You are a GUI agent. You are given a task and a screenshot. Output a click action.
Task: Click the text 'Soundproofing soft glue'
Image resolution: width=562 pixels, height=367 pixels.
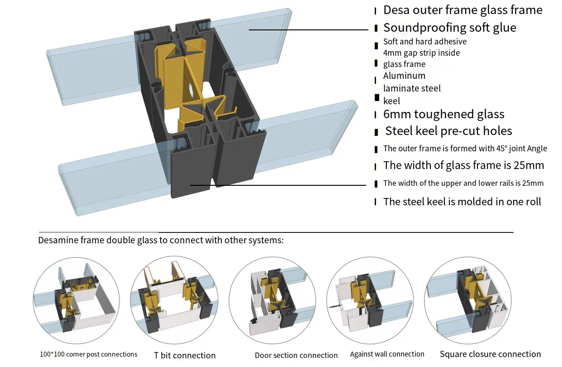coord(449,28)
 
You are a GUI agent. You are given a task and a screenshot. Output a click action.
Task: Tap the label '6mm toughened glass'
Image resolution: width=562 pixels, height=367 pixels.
coord(443,114)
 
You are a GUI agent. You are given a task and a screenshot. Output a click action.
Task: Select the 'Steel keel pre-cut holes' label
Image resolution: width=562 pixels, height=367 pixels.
coord(448,131)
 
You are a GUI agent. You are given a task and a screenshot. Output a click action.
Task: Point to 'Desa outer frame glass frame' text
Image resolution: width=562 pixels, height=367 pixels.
coord(462,10)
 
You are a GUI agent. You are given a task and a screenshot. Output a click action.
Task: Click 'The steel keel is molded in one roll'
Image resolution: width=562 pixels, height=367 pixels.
coord(462,202)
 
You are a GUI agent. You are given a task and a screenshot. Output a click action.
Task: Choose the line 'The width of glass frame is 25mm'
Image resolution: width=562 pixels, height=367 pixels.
coord(463,165)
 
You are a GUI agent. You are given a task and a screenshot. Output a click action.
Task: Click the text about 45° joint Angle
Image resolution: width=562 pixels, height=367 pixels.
coord(465,149)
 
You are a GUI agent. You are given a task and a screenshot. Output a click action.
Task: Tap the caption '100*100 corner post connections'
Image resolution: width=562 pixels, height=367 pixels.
coord(88,354)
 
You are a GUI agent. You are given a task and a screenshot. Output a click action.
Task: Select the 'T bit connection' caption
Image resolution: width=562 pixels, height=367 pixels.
coord(185,355)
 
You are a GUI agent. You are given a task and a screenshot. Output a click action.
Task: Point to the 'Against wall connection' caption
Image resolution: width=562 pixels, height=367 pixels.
coord(387,354)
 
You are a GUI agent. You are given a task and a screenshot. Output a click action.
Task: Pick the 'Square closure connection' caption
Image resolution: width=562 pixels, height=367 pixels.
coord(490,354)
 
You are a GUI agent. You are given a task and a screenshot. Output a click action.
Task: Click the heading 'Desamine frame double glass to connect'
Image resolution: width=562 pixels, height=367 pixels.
coord(161,240)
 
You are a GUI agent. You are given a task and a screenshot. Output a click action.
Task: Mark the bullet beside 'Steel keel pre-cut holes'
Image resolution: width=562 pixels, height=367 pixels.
coord(376,132)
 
